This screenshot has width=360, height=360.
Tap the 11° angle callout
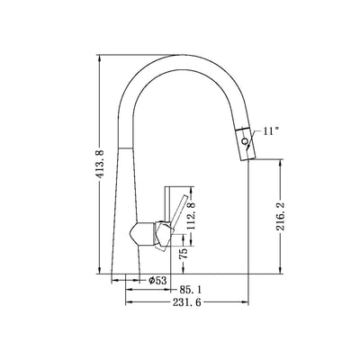click(x=272, y=131)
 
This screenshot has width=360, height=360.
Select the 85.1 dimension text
click(x=190, y=290)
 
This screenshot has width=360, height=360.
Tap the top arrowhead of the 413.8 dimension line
click(x=99, y=57)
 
